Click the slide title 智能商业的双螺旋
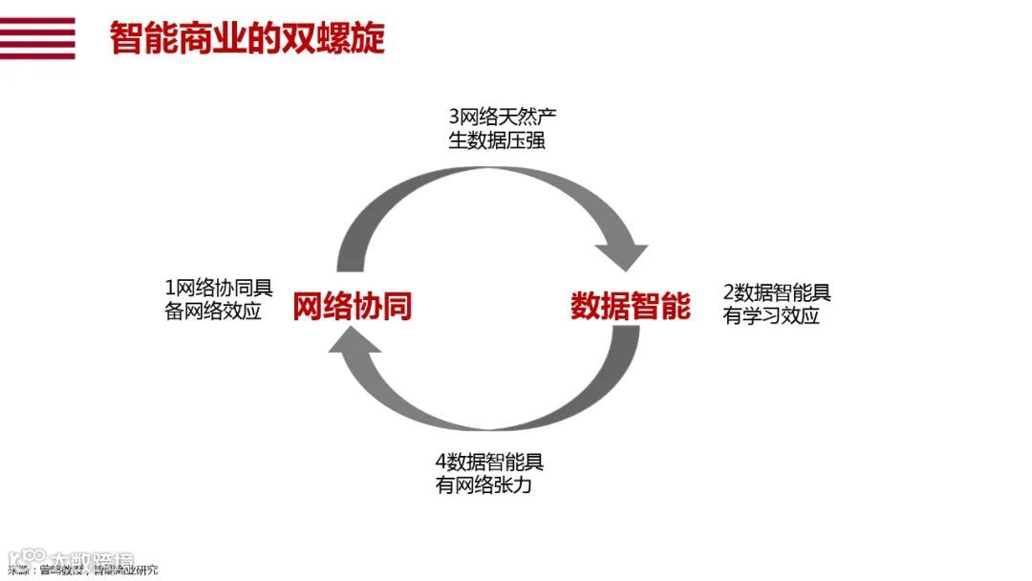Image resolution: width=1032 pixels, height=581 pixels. (x=247, y=38)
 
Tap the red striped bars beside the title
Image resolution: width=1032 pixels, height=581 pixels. (x=37, y=38)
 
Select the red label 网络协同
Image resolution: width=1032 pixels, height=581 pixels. (x=353, y=306)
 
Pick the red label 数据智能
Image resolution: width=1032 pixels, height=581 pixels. (x=630, y=306)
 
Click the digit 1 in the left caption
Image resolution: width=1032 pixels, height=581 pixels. (x=170, y=288)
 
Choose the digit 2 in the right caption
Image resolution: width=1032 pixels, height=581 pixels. (x=729, y=293)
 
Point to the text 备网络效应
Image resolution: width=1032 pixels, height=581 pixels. (x=213, y=312)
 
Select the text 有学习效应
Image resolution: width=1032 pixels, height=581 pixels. (x=771, y=316)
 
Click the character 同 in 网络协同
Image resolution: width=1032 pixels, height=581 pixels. (x=398, y=306)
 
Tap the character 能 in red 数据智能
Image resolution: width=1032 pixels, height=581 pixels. (x=675, y=306)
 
